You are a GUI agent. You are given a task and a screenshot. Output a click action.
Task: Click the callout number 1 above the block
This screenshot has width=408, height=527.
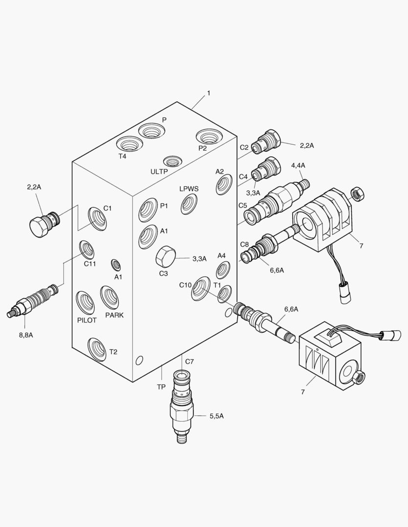click(x=209, y=93)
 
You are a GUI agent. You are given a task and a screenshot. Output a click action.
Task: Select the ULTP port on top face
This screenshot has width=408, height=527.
click(x=172, y=161)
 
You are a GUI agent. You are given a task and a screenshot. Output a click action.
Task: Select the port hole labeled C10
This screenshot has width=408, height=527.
click(x=200, y=288)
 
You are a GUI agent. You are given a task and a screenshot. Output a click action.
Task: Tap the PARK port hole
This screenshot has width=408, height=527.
click(x=109, y=297)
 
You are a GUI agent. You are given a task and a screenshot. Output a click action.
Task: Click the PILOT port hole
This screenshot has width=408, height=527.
click(x=86, y=302)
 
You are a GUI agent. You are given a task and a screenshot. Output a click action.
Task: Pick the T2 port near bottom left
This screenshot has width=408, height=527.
click(x=97, y=348)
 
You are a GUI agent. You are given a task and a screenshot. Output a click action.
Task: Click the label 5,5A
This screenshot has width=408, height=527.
click(x=217, y=416)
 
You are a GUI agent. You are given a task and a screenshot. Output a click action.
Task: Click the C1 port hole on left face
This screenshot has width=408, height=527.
click(x=97, y=218)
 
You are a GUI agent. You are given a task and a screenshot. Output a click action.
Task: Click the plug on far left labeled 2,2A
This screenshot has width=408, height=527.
click(x=42, y=224)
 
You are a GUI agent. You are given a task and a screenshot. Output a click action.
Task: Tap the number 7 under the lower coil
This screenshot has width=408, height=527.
click(x=303, y=392)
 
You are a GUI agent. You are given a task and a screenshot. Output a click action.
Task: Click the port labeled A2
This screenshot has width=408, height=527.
click(x=224, y=184)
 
